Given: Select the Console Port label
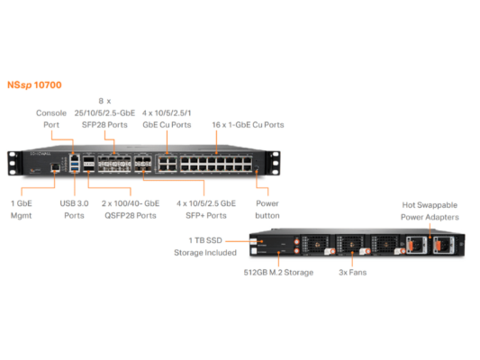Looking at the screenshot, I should pos(50,119).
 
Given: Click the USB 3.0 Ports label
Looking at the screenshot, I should pos(75,210).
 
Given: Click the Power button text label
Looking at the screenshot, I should pos(267,210).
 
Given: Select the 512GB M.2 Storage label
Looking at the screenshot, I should pos(278,272).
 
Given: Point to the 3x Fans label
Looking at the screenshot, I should pos(351,272).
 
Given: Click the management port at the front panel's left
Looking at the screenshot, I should pos(54,168).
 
